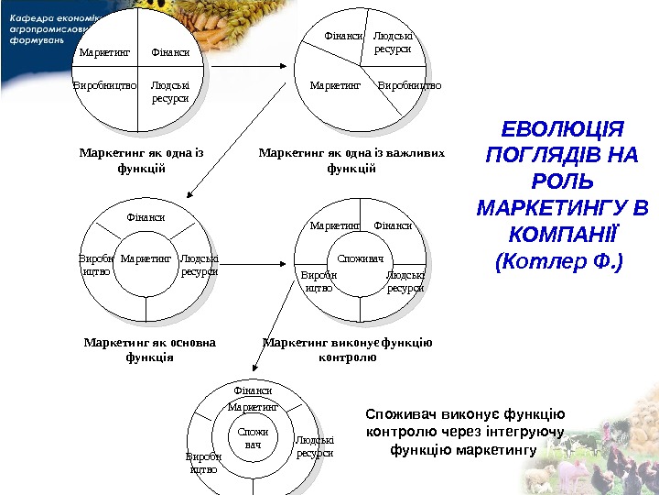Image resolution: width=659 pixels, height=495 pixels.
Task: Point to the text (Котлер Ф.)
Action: tap(557, 263)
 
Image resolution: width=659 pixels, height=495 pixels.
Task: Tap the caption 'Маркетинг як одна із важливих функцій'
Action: tap(351, 160)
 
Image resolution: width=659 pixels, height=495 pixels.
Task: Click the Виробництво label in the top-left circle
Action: tap(104, 85)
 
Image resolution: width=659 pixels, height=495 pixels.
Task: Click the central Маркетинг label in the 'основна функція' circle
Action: tap(146, 259)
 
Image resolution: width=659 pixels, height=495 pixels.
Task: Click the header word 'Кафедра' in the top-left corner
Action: tap(27, 17)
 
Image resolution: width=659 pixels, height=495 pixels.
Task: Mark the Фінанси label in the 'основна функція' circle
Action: tap(146, 218)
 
